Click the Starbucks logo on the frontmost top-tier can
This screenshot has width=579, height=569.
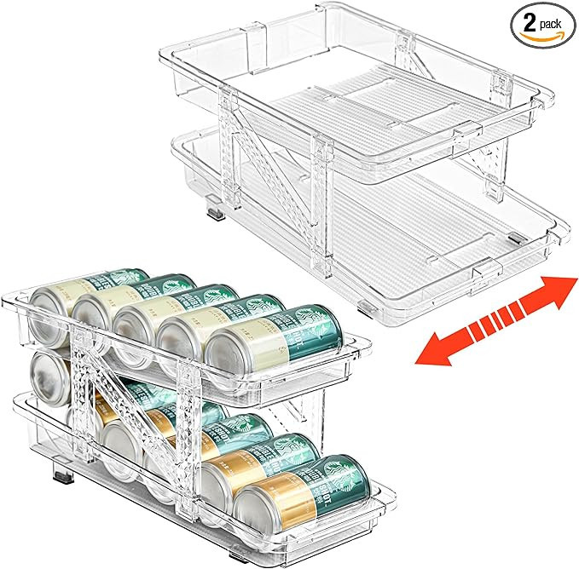pyautogui.click(x=321, y=326)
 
